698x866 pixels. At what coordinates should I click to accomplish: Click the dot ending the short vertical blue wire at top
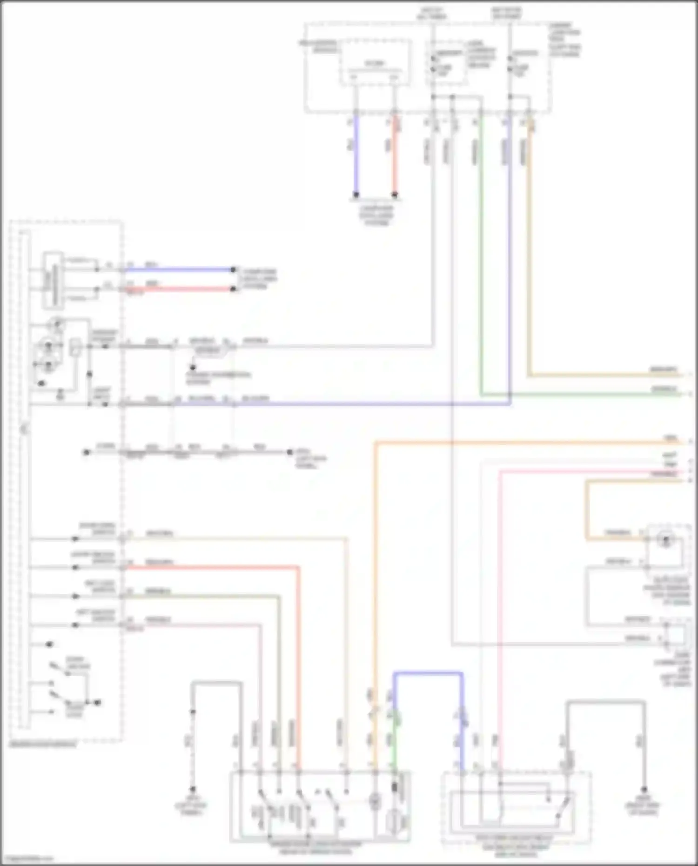(x=356, y=195)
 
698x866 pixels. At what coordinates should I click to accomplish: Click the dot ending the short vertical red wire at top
(x=395, y=195)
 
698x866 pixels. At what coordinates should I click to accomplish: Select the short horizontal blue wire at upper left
(x=179, y=269)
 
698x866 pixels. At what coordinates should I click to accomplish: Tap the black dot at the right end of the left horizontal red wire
(x=234, y=289)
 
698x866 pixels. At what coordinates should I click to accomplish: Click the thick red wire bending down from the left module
(x=298, y=651)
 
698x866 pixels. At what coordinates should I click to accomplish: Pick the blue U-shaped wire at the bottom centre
(x=428, y=673)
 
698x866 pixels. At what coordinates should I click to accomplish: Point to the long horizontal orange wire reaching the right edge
(x=512, y=443)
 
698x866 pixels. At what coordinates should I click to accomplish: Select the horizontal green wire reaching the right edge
(x=582, y=395)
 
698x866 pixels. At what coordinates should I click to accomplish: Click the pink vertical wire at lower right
(x=499, y=605)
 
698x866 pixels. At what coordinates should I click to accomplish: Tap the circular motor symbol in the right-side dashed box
(x=665, y=540)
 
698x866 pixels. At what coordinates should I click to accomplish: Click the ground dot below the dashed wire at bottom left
(x=192, y=789)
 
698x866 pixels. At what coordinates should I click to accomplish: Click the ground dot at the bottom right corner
(x=644, y=790)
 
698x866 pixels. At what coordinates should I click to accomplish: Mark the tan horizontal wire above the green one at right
(x=605, y=375)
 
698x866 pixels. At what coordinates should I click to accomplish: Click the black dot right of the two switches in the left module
(x=98, y=702)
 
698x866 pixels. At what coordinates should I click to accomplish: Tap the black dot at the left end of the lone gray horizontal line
(x=86, y=452)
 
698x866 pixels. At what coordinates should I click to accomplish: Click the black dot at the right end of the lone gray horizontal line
(x=289, y=452)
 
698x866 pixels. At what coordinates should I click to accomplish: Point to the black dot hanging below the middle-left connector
(x=192, y=368)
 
